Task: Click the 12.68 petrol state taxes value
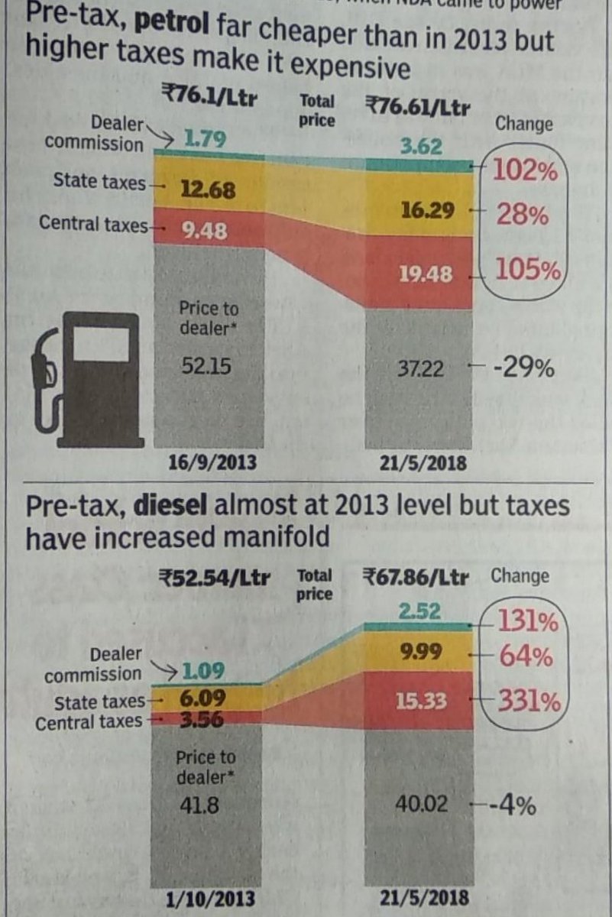coord(208,189)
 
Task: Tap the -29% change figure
coord(523,369)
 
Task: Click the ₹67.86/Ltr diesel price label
coord(416,577)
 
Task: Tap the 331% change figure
coord(528,701)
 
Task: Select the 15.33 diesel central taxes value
coord(421,701)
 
